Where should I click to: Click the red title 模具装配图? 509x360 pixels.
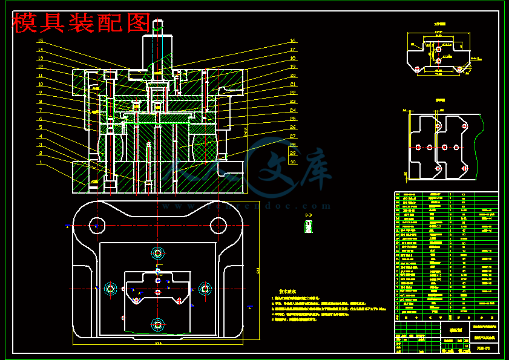pos(82,23)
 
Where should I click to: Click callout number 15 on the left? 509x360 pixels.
pos(41,41)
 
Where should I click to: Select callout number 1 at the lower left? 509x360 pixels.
pos(41,162)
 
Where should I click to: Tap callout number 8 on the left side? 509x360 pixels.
pos(41,102)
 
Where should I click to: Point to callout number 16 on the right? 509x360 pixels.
pos(292,41)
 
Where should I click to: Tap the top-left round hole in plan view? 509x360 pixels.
pos(96,226)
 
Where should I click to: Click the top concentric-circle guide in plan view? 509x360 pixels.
pos(158,252)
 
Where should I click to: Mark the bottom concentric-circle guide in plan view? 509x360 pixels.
pos(158,324)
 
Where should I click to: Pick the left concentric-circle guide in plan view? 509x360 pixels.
pos(110,289)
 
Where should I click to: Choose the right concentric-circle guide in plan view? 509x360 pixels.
pos(205,289)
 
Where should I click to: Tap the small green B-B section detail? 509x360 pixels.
pos(309,226)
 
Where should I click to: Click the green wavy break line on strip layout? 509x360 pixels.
pos(482,145)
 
